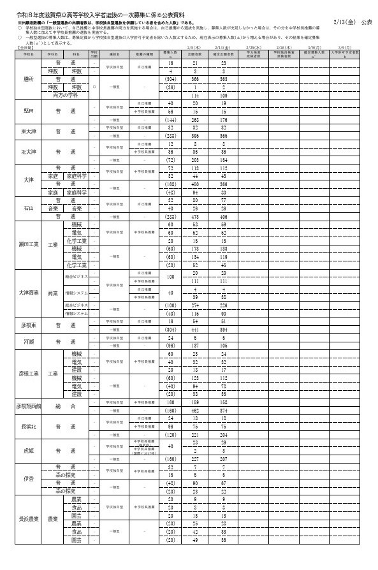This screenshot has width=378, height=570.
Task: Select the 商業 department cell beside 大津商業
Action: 53,293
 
